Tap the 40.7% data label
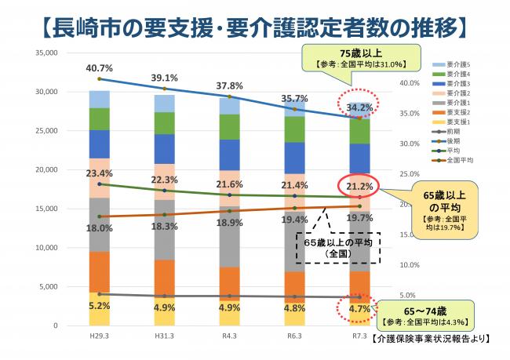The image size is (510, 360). tap(99, 68)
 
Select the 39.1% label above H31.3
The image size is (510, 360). tap(163, 78)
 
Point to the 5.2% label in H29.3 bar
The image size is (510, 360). tap(99, 306)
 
